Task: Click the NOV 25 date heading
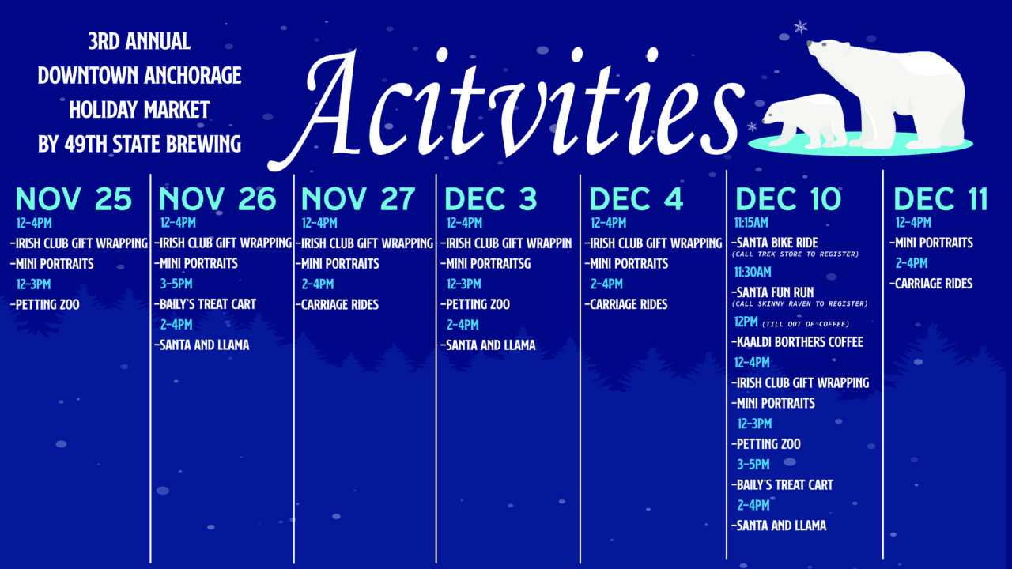pyautogui.click(x=74, y=198)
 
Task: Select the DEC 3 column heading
pyautogui.click(x=491, y=198)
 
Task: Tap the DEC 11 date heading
pyautogui.click(x=941, y=198)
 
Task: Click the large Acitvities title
pyautogui.click(x=506, y=108)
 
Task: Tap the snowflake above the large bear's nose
pyautogui.click(x=801, y=27)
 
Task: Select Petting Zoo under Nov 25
pyautogui.click(x=45, y=305)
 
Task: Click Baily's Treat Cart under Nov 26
pyautogui.click(x=206, y=304)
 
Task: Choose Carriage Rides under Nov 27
pyautogui.click(x=338, y=305)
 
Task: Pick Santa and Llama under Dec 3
pyautogui.click(x=489, y=345)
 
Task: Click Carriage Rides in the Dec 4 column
pyautogui.click(x=626, y=304)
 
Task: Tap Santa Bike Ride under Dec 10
pyautogui.click(x=775, y=243)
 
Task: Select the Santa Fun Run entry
pyautogui.click(x=772, y=292)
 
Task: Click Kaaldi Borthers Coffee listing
pyautogui.click(x=798, y=342)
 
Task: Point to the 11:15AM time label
pyautogui.click(x=751, y=223)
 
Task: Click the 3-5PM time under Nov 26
pyautogui.click(x=176, y=284)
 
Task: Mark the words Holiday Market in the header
pyautogui.click(x=139, y=110)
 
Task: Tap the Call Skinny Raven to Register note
pyautogui.click(x=799, y=304)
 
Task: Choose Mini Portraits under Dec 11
pyautogui.click(x=931, y=243)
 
